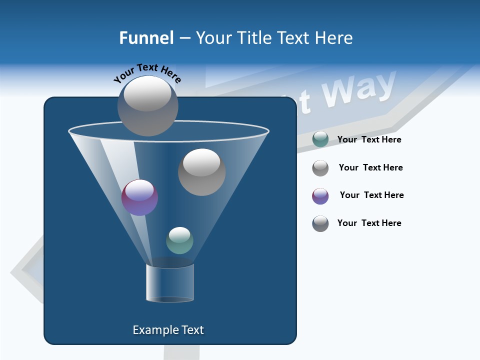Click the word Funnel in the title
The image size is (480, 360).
pyautogui.click(x=146, y=38)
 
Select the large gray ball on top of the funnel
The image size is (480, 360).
pyautogui.click(x=148, y=105)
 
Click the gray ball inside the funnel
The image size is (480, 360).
pyautogui.click(x=201, y=172)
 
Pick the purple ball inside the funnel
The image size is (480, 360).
pyautogui.click(x=139, y=197)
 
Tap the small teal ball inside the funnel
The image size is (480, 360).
pyautogui.click(x=179, y=240)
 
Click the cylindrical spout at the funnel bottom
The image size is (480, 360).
pyautogui.click(x=170, y=283)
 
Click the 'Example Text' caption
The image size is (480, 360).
pyautogui.click(x=168, y=330)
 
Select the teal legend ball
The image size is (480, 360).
pyautogui.click(x=320, y=139)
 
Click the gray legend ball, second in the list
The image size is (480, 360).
pyautogui.click(x=320, y=168)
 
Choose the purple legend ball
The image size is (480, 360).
pyautogui.click(x=320, y=196)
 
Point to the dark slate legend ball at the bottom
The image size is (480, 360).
pyautogui.click(x=320, y=223)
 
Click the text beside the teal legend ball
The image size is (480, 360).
pyautogui.click(x=369, y=139)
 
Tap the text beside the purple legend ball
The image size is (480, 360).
pyautogui.click(x=371, y=195)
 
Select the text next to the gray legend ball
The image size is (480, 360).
pyautogui.click(x=370, y=167)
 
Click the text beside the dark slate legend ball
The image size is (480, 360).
pyautogui.click(x=369, y=223)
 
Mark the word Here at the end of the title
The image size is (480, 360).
pyautogui.click(x=334, y=38)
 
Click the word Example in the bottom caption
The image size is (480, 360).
pyautogui.click(x=151, y=330)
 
